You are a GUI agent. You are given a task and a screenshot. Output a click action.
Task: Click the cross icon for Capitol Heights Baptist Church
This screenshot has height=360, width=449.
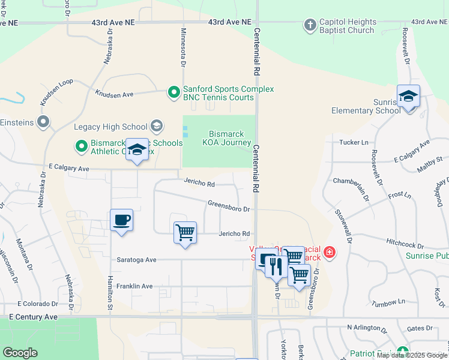[x=310, y=25]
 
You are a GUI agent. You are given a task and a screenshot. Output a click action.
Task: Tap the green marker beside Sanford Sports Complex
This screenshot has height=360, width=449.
[x=173, y=92]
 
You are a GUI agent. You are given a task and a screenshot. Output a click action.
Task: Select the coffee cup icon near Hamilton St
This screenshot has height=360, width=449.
[x=121, y=220]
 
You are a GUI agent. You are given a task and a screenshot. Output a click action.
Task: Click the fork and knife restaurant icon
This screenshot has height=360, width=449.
[x=276, y=265]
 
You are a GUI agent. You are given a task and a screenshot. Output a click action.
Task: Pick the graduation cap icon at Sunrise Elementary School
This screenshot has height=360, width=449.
[x=408, y=97]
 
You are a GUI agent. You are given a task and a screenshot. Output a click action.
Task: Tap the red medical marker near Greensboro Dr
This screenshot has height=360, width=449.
[x=329, y=253]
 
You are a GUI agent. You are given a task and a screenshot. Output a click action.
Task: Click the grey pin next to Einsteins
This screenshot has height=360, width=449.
[x=43, y=122]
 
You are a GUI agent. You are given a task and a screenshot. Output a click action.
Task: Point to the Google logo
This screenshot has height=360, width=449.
[x=20, y=353]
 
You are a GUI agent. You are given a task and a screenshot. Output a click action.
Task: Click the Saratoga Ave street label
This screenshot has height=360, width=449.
[x=137, y=260]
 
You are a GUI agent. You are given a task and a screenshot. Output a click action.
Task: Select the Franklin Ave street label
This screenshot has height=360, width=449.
[x=134, y=287]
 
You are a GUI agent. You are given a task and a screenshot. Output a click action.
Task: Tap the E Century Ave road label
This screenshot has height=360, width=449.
[x=34, y=316]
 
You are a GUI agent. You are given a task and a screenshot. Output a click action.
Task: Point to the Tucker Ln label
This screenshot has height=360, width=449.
[x=354, y=142]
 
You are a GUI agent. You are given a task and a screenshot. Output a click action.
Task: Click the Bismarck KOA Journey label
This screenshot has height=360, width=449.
[x=230, y=138]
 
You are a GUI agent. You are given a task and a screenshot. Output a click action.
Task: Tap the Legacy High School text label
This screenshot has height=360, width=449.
[x=110, y=127]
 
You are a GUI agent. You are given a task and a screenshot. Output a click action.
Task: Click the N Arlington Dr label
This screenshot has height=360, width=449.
[x=367, y=328]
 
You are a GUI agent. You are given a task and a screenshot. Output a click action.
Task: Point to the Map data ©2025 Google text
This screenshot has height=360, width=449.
[x=412, y=355]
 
